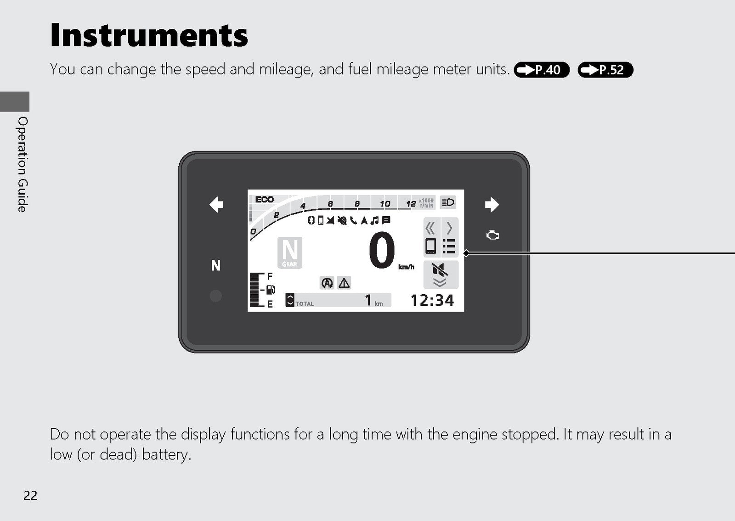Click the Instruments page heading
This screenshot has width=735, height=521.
[149, 35]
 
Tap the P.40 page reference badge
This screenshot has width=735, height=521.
[542, 69]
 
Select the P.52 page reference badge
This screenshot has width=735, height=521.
[605, 69]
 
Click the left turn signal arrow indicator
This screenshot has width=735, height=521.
[216, 205]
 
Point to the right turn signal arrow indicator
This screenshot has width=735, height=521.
[492, 205]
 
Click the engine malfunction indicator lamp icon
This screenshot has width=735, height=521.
[492, 235]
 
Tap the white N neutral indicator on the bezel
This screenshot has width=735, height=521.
[215, 265]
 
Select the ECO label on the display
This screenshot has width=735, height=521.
[265, 199]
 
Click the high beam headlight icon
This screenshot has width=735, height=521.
[448, 202]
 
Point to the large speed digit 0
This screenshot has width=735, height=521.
[382, 250]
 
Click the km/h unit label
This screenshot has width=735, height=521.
[406, 267]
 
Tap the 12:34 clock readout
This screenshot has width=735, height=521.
[432, 300]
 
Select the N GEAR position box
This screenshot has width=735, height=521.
[290, 252]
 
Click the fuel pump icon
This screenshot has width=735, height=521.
[271, 290]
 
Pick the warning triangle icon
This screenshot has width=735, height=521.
[344, 283]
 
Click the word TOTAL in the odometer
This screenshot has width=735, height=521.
[305, 304]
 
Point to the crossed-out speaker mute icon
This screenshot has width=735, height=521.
[440, 269]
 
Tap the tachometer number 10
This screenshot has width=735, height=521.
[384, 204]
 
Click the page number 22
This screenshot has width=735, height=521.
[30, 495]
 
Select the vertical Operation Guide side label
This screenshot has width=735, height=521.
[23, 164]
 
